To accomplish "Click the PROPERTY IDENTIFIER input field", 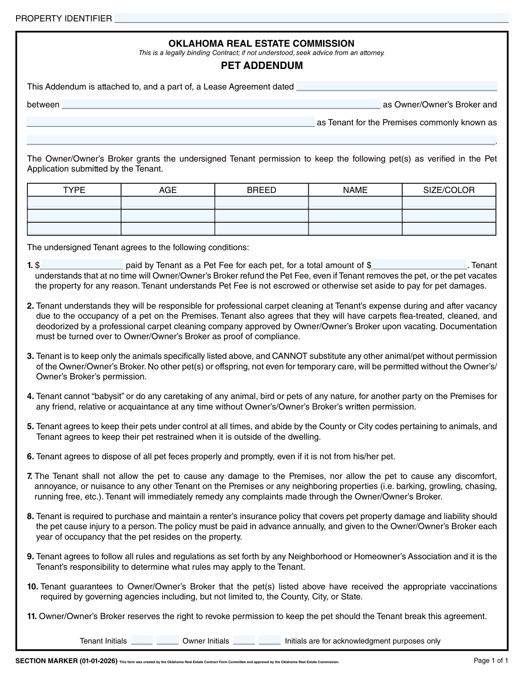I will tap(311, 18).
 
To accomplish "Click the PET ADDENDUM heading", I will tap(262, 65).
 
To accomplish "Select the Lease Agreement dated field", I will tap(396, 86).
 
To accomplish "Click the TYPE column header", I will tap(74, 190).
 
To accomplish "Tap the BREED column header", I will tap(262, 190).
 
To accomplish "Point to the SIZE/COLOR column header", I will tap(448, 190).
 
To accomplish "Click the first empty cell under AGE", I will tap(168, 203).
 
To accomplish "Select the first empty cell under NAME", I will tap(355, 203).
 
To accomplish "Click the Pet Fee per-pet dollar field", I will tap(82, 265).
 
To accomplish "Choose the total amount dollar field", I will tap(419, 265).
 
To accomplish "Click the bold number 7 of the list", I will tap(30, 476).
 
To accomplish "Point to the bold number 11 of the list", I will tap(32, 616).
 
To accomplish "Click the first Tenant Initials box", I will tap(141, 640).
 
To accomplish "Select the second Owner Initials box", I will tap(269, 640).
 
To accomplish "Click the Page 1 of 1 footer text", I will tap(491, 661).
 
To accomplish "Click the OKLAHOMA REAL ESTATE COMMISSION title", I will tap(261, 44).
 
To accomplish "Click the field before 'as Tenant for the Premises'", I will tap(170, 122).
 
